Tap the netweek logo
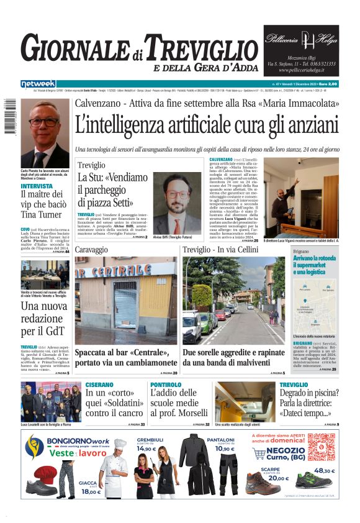coord(38,84)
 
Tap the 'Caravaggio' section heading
coord(92,250)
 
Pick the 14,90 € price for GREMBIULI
coord(146,448)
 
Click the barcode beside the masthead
coord(8,118)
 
